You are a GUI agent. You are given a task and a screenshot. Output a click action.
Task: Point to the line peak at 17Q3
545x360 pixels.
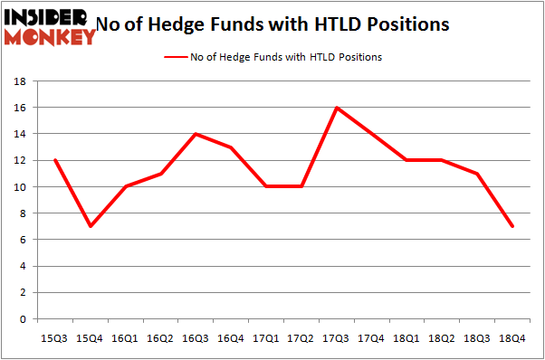point(337,108)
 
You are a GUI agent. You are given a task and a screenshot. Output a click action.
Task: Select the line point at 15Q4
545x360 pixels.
point(91,226)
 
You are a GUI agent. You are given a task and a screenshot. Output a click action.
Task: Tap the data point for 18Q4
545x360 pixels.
point(512,226)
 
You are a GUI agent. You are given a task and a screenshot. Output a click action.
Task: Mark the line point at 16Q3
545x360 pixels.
point(196,134)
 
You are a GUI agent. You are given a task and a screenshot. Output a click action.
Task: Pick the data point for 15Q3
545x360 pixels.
point(55,160)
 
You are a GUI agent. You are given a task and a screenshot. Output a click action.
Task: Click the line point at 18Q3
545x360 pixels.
point(477,174)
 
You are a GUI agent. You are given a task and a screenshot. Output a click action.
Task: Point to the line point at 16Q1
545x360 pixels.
point(125,187)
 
